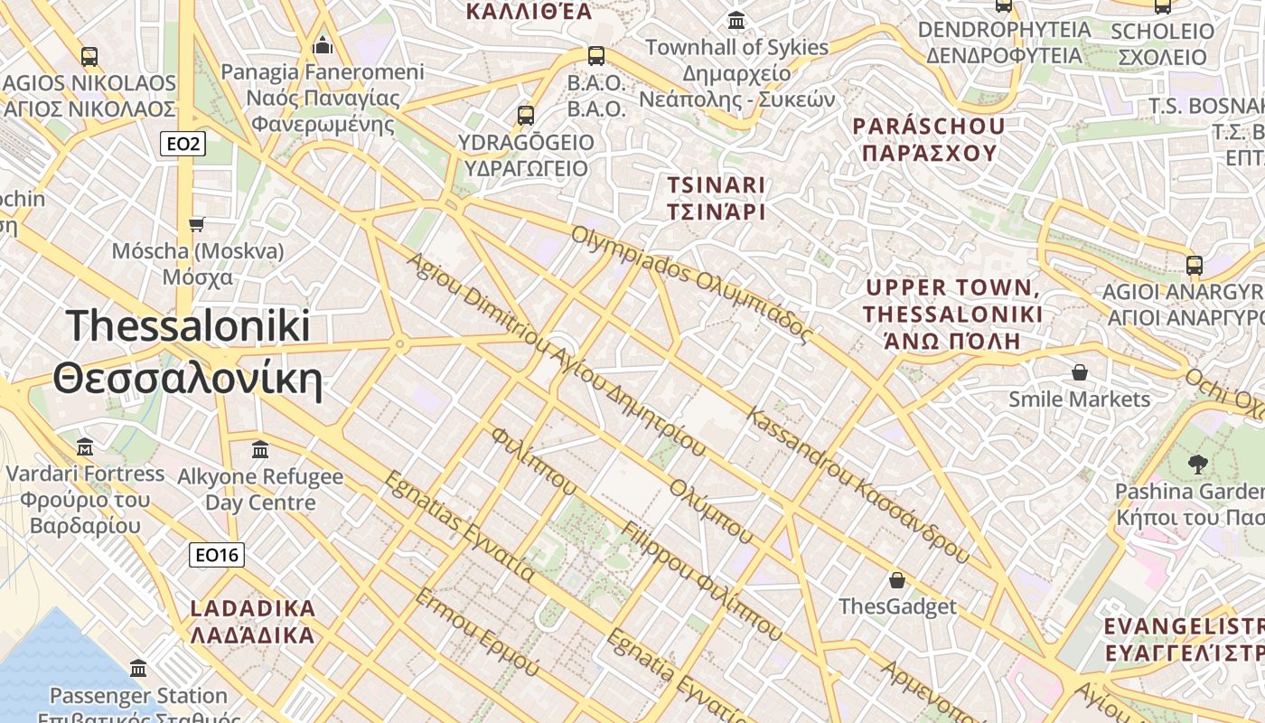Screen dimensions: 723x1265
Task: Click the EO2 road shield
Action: tap(183, 143)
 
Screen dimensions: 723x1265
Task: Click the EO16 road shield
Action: tap(217, 554)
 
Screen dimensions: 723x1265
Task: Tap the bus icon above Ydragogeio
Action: tap(526, 115)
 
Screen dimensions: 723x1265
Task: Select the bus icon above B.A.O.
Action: tap(596, 55)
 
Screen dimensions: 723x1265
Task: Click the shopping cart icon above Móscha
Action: tap(197, 223)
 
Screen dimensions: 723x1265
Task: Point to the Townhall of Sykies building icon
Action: tap(736, 20)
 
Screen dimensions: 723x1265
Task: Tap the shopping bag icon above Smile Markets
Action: tap(1079, 371)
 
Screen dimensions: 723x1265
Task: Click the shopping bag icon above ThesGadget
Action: tap(897, 579)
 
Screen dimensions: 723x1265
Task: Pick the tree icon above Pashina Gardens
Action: tap(1198, 465)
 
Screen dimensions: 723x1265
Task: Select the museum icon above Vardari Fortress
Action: tap(85, 446)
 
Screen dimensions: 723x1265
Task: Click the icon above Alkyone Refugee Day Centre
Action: tap(260, 449)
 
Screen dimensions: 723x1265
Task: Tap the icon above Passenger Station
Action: tap(138, 669)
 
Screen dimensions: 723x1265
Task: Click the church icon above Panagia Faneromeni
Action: tap(323, 45)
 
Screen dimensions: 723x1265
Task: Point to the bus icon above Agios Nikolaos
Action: tap(89, 56)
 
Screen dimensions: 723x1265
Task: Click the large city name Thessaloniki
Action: tap(188, 352)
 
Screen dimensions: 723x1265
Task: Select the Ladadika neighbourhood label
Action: tap(253, 621)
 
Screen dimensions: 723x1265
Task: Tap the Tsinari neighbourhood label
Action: tap(716, 198)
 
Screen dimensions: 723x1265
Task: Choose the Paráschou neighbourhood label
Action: tap(929, 138)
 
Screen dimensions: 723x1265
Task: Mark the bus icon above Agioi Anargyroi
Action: tap(1195, 266)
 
